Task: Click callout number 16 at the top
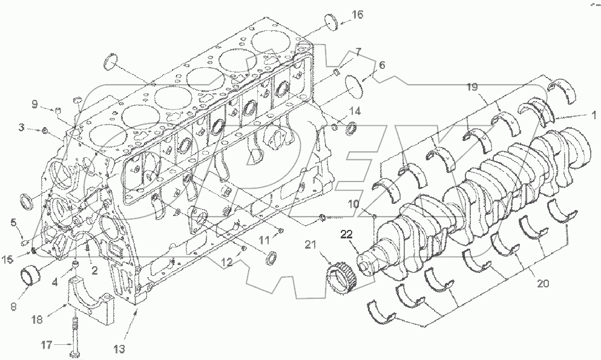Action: click(358, 15)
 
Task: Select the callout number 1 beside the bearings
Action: click(594, 114)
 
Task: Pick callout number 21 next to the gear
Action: click(310, 244)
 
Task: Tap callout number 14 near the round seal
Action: click(355, 111)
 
